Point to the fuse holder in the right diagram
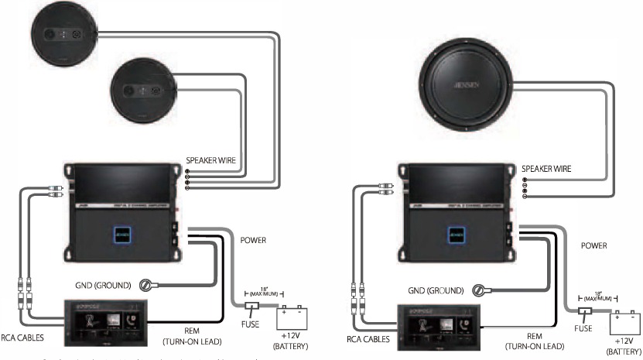[x=586, y=313]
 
